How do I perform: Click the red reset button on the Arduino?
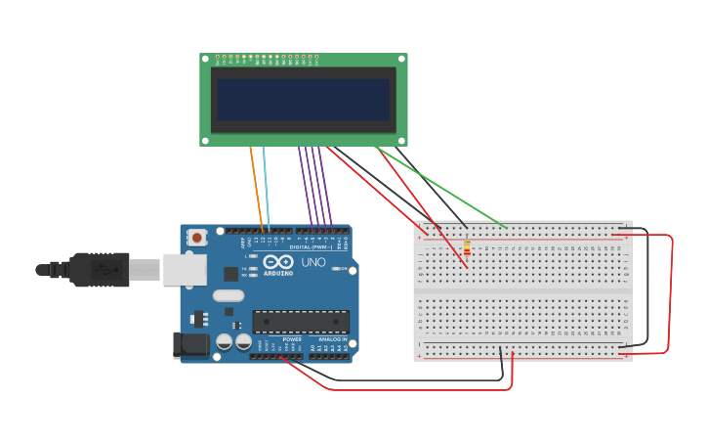197,237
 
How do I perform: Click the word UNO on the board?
313,262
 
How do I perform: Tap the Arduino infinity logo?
278,262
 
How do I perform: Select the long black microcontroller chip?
301,321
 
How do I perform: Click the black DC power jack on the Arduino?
189,344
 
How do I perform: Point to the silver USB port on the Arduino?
185,270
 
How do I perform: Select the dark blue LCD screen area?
303,99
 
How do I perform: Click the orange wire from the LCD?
256,186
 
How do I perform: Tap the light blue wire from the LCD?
266,186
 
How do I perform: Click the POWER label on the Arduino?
292,339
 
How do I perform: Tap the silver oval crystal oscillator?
228,295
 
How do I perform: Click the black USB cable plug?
98,269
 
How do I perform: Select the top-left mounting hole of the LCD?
205,59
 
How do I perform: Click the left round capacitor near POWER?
225,341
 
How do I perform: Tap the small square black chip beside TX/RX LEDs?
230,274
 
